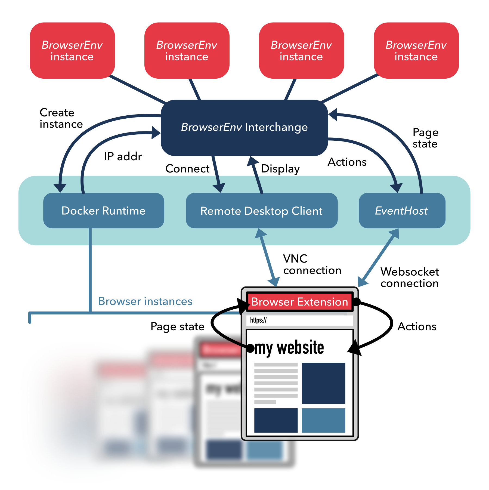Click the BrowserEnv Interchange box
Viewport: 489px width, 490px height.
point(244,127)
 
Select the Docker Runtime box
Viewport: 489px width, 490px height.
point(104,211)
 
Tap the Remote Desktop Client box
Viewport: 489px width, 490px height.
point(261,211)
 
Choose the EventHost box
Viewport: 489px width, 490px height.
point(402,211)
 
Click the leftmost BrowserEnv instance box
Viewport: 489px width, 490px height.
point(72,51)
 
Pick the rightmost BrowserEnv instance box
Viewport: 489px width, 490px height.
point(416,51)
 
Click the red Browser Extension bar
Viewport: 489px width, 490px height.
point(299,302)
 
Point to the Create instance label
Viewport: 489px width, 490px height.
point(61,118)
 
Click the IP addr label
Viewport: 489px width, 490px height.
point(123,157)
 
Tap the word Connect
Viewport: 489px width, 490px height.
point(187,169)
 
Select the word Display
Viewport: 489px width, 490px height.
point(280,169)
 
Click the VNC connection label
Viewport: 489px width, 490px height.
point(312,264)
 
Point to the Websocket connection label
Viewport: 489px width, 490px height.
point(409,278)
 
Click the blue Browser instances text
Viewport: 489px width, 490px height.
point(145,301)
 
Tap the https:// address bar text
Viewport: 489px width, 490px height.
point(258,320)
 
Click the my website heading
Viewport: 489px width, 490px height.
point(289,348)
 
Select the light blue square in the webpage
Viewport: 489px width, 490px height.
point(323,420)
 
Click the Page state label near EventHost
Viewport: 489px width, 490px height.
point(425,138)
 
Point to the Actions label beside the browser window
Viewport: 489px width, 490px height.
point(417,326)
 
